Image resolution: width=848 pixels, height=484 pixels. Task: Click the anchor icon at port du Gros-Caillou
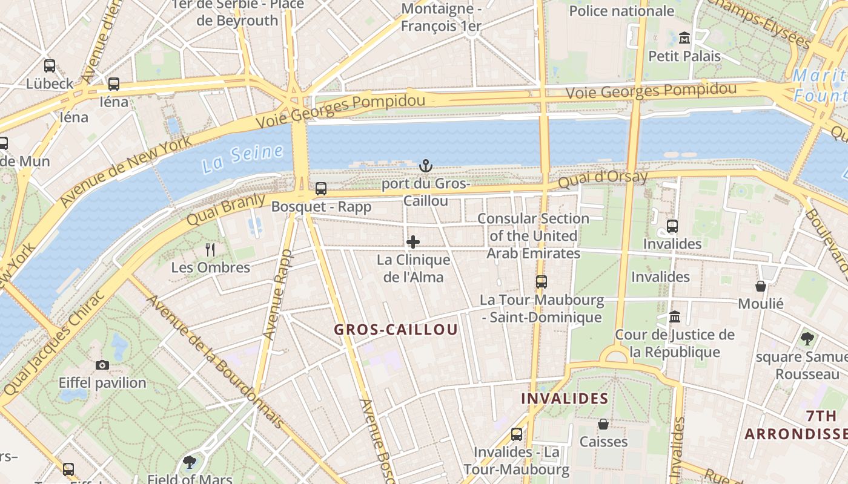426,165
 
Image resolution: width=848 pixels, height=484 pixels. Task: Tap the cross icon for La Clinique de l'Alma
413,243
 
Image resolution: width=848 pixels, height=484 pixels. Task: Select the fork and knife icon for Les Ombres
210,249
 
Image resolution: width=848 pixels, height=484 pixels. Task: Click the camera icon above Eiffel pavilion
102,365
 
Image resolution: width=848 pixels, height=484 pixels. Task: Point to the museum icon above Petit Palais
684,38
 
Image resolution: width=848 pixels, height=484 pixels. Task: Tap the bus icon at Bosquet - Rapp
321,189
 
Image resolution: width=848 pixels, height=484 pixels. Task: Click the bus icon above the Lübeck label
50,66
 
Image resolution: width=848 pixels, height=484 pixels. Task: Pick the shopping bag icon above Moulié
761,286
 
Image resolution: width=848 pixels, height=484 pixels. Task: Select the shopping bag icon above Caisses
603,423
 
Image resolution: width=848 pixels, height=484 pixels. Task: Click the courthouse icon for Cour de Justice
675,316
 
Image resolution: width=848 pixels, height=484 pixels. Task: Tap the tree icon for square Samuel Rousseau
807,338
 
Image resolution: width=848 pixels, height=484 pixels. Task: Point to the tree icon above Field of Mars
190,463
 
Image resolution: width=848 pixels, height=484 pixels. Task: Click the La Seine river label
242,159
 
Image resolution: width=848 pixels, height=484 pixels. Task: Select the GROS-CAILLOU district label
396,330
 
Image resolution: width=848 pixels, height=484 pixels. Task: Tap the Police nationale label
621,11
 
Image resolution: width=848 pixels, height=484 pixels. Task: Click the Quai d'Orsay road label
603,178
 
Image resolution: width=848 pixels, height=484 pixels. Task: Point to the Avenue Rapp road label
277,294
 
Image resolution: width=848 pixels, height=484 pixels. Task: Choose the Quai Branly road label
225,209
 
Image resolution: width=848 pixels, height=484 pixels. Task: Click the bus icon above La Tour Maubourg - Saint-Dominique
541,282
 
